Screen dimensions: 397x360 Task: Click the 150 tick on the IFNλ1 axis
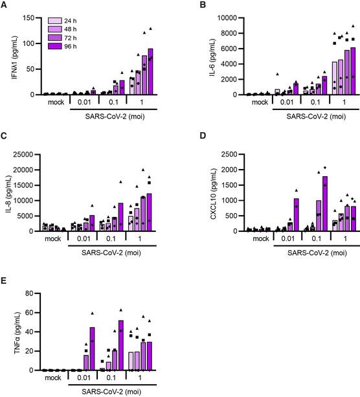click(32, 17)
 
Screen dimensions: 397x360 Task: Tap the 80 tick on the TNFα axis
click(34, 293)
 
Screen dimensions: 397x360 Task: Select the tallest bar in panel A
click(151, 71)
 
